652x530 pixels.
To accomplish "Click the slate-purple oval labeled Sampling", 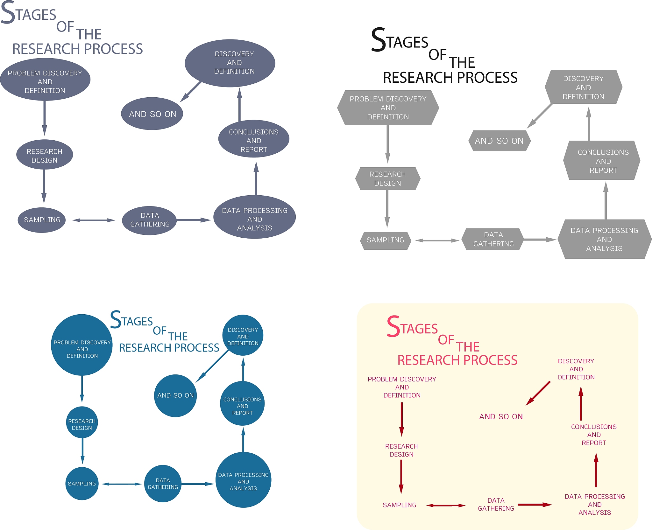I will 42,220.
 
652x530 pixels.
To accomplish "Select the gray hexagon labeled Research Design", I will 387,178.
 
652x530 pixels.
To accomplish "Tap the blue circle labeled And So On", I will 175,395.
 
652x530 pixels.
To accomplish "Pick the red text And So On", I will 501,416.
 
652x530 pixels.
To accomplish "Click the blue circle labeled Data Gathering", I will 163,484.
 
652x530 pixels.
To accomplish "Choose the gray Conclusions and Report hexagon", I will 603,161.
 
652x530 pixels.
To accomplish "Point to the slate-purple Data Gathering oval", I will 150,220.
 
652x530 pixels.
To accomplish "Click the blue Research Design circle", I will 82,424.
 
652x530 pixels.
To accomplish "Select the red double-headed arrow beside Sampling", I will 446,505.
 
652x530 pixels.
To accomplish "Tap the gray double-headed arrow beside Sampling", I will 437,241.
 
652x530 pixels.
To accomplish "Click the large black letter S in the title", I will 379,40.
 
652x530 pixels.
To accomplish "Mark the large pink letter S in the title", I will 393,327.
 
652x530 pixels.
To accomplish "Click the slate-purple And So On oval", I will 152,114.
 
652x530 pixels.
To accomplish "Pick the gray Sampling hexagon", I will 385,240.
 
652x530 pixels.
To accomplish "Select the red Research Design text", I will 401,450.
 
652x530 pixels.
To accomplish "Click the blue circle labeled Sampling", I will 82,484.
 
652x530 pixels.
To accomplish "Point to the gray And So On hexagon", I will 499,141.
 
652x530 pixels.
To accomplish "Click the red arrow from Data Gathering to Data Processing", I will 534,505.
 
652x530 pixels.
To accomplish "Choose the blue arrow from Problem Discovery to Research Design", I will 82,388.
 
